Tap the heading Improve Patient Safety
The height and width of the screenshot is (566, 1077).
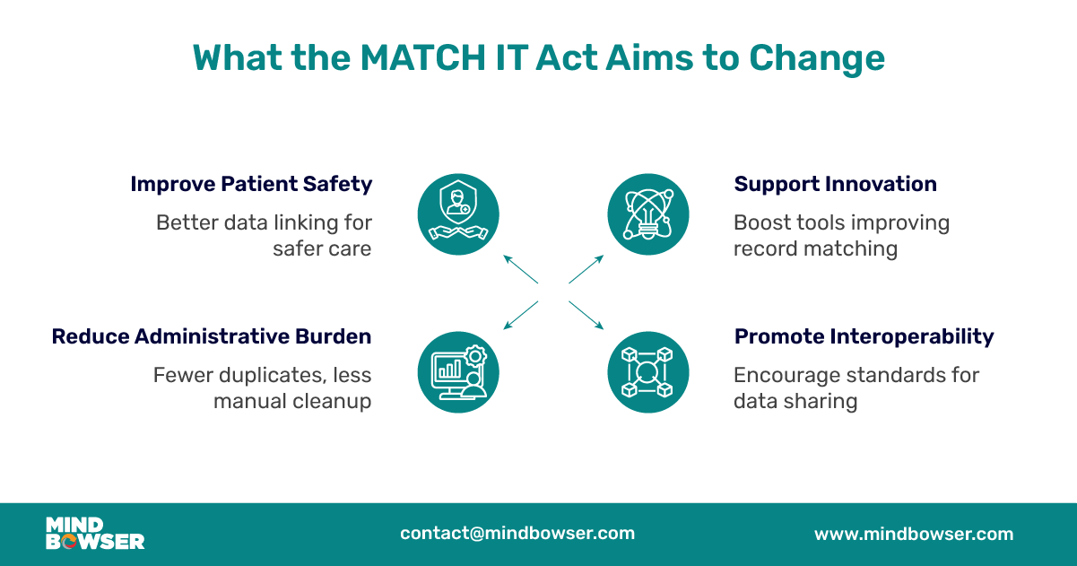(251, 184)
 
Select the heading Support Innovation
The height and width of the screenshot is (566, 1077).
(835, 184)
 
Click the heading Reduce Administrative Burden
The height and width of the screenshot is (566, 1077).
(212, 336)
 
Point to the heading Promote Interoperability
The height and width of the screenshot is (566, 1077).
(864, 336)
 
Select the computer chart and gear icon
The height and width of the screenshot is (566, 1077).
(458, 371)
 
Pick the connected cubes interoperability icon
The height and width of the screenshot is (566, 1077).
(648, 371)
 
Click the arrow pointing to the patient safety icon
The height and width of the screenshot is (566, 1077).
(519, 269)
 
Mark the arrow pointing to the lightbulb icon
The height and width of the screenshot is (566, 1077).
(587, 269)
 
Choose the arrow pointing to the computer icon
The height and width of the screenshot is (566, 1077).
(519, 315)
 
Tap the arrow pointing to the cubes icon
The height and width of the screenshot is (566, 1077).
(587, 315)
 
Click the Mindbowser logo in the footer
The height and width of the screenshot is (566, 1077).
(94, 533)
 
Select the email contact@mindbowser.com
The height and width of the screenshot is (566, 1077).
(517, 533)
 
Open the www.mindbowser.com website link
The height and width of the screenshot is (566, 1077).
(913, 534)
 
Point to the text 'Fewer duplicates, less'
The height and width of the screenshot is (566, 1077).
(262, 375)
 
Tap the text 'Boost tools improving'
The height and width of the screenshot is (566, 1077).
(841, 222)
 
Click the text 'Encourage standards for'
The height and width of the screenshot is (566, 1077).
(856, 375)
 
